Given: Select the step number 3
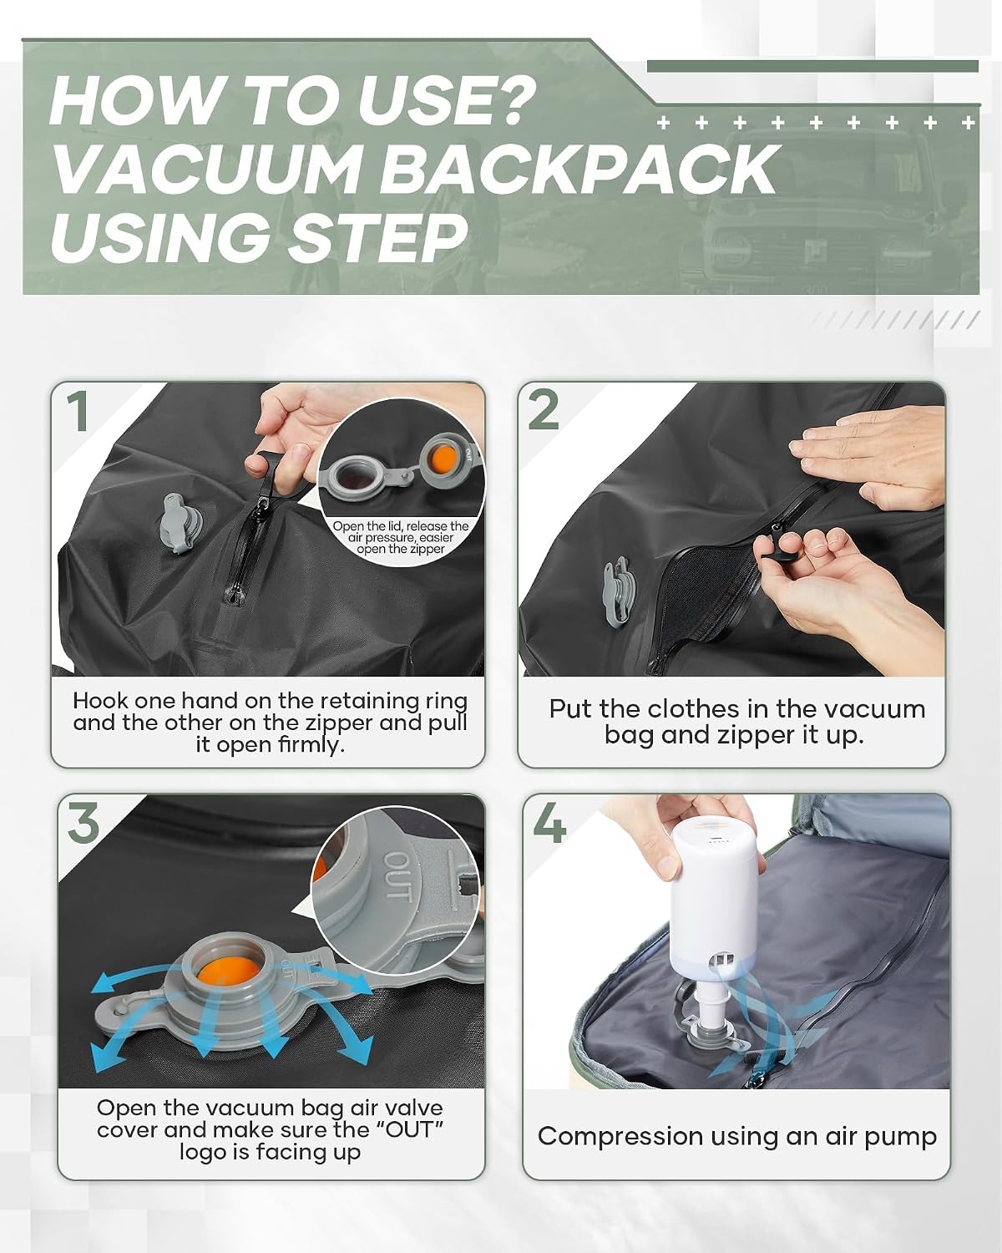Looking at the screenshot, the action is point(83,822).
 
